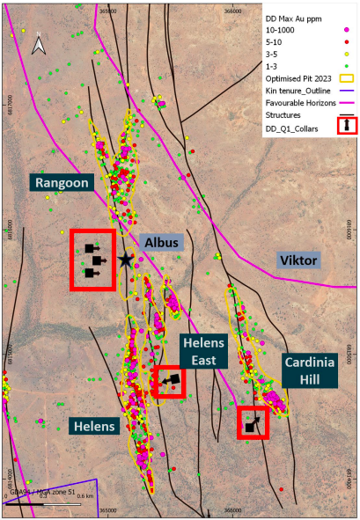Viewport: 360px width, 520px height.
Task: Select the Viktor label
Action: [298, 260]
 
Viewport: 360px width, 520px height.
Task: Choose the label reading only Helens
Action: [93, 426]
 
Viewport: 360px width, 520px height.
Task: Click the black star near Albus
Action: [126, 260]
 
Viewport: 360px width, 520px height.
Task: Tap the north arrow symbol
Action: [38, 45]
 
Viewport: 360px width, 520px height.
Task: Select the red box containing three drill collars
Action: [92, 260]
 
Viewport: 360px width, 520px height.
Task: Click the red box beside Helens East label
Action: [168, 381]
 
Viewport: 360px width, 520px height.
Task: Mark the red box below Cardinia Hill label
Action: [253, 423]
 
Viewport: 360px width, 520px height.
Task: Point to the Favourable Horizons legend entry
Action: [299, 103]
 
